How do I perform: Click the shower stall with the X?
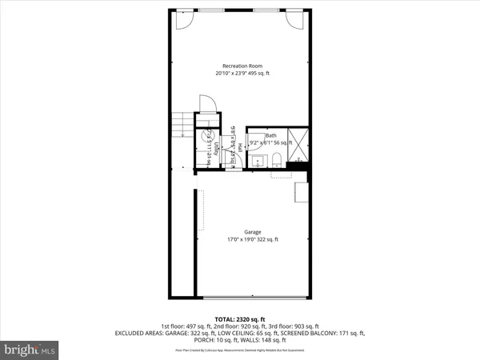298,144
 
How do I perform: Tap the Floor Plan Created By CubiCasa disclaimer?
240,350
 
